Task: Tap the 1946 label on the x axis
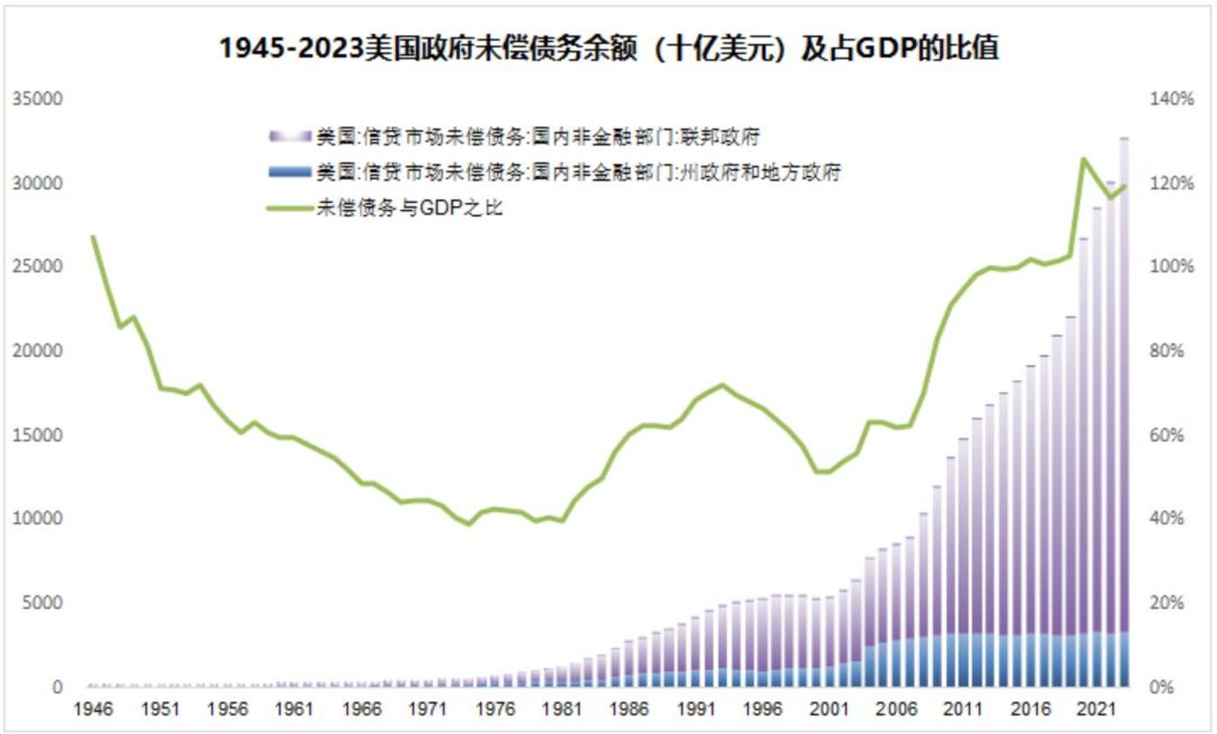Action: click(94, 710)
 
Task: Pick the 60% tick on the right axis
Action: click(1171, 435)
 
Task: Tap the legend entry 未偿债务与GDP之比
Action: click(409, 209)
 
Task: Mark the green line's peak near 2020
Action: click(1084, 159)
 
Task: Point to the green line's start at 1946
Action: click(94, 237)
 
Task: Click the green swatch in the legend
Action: click(291, 209)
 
